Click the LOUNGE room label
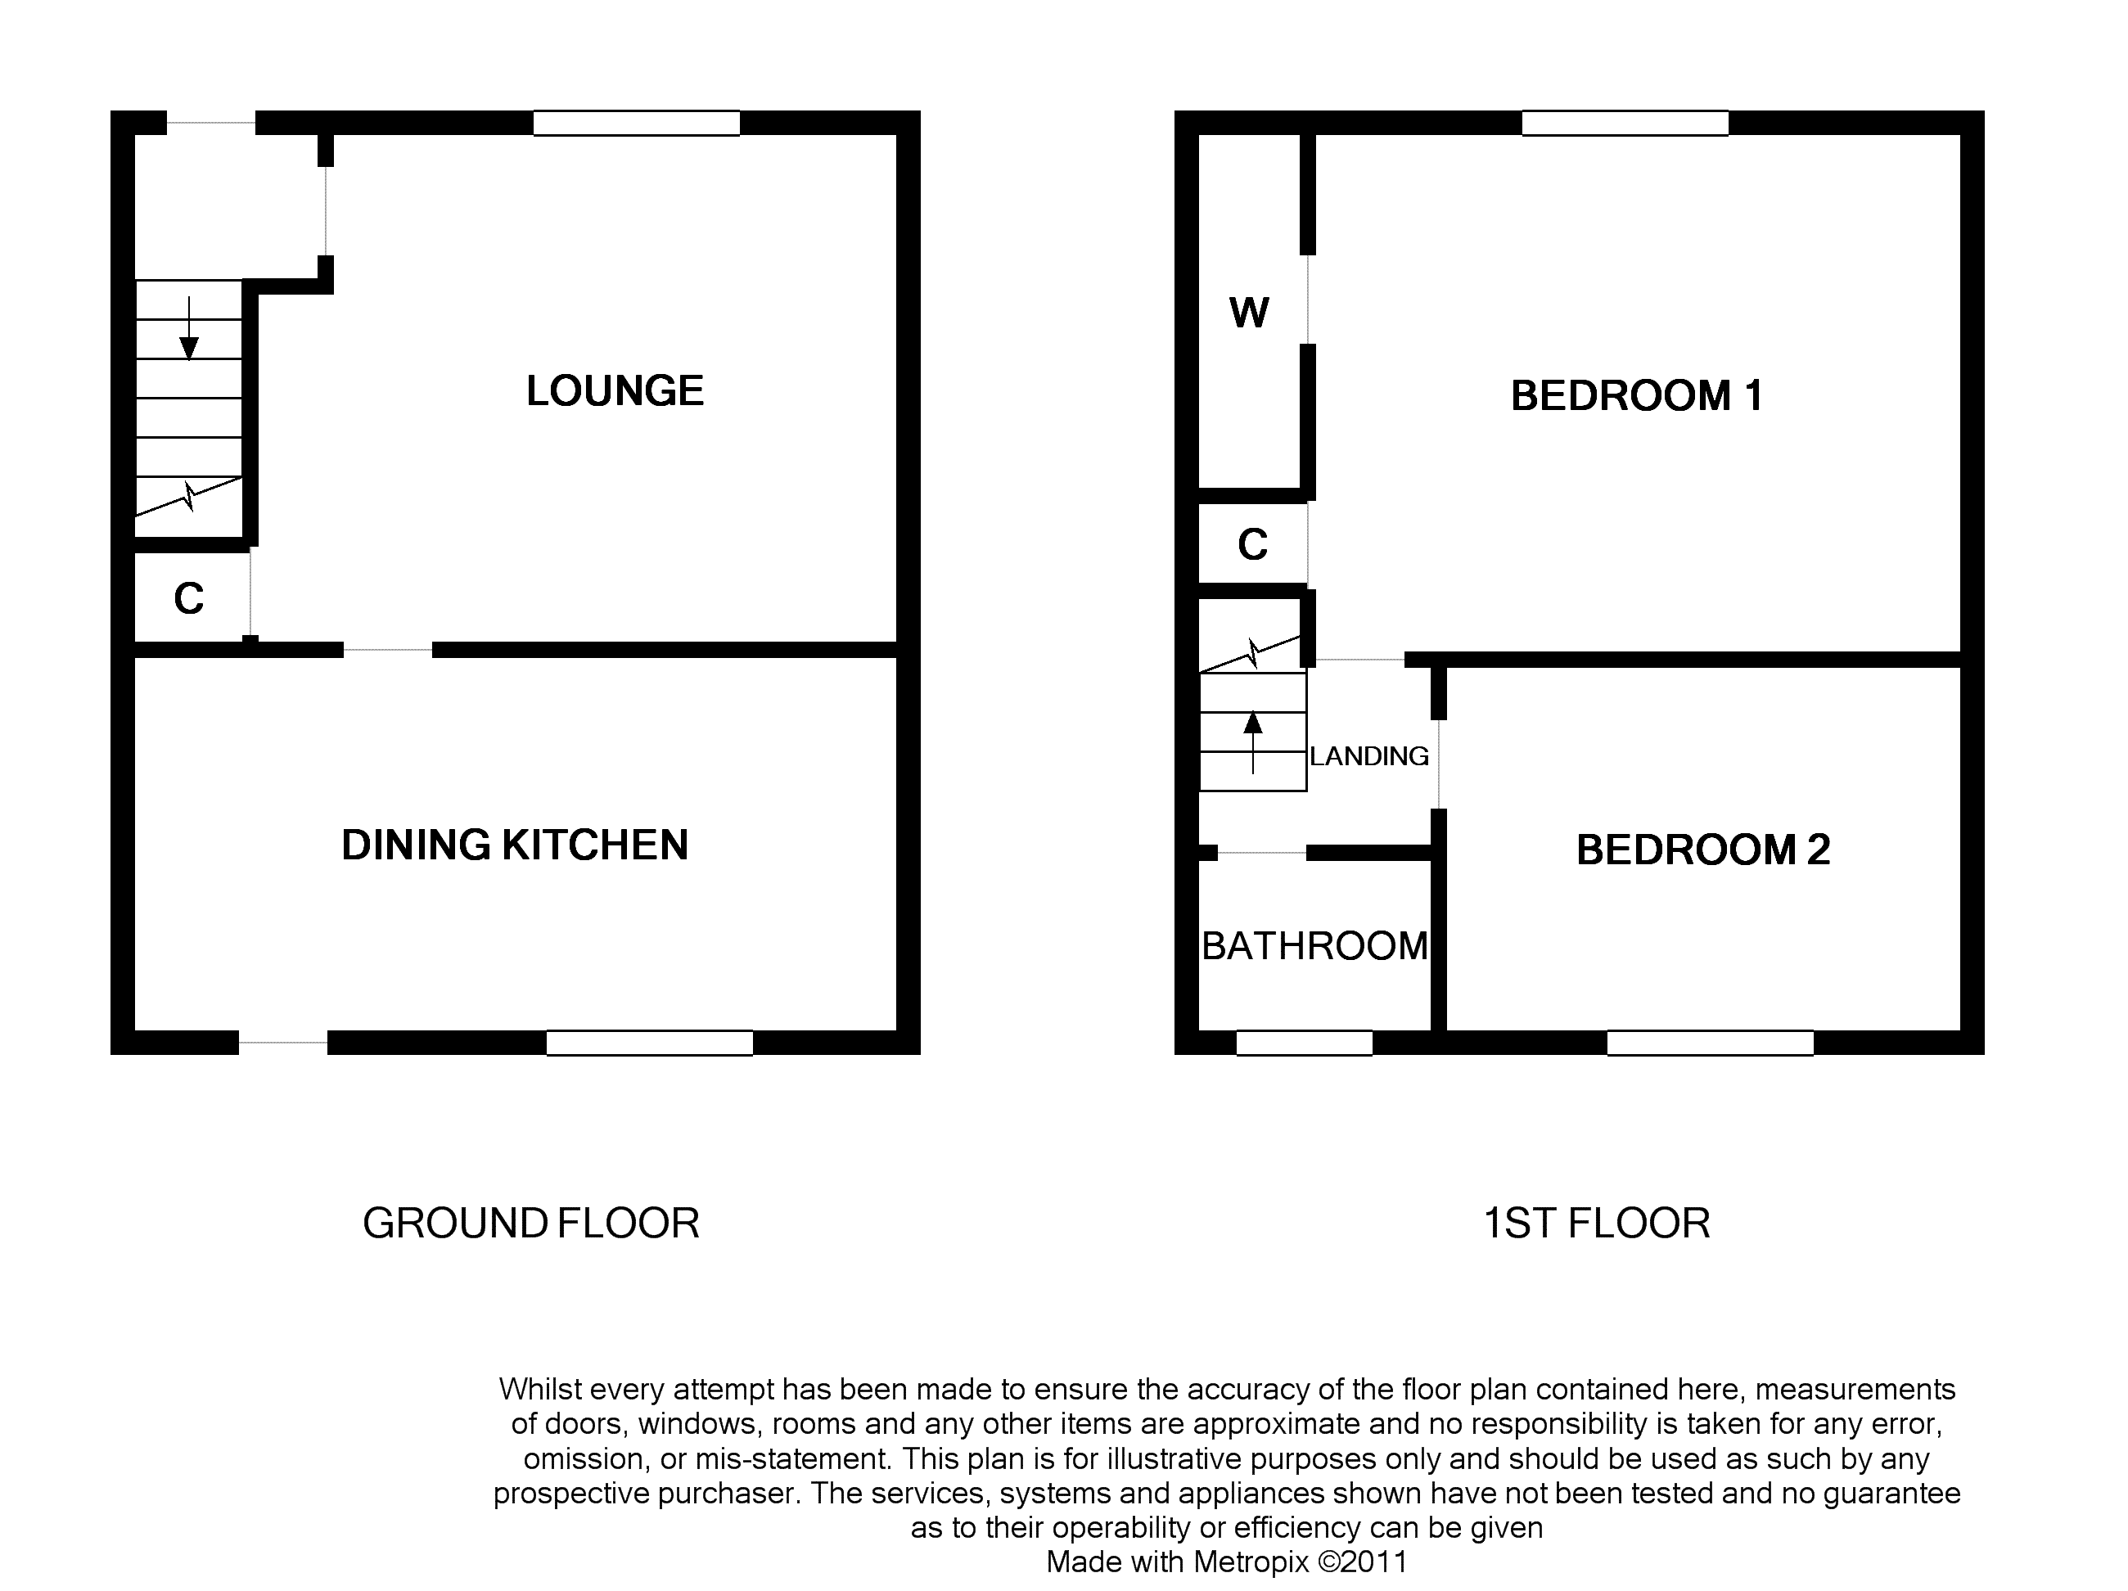tap(615, 390)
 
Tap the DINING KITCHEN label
tap(515, 845)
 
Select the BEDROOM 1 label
tap(1636, 395)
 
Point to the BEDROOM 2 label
tap(1702, 850)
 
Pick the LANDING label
tap(1369, 756)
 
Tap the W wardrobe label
tap(1249, 313)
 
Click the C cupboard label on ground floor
tap(188, 598)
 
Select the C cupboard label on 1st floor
tap(1252, 544)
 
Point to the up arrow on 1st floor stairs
tap(1252, 741)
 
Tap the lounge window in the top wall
tap(637, 123)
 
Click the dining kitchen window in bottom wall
tap(649, 1043)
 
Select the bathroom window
tap(1305, 1043)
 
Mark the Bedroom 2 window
tap(1711, 1043)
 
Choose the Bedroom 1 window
tap(1625, 123)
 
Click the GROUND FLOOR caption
tap(531, 1224)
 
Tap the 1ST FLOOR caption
tap(1597, 1224)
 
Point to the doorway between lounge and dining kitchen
tap(388, 651)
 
